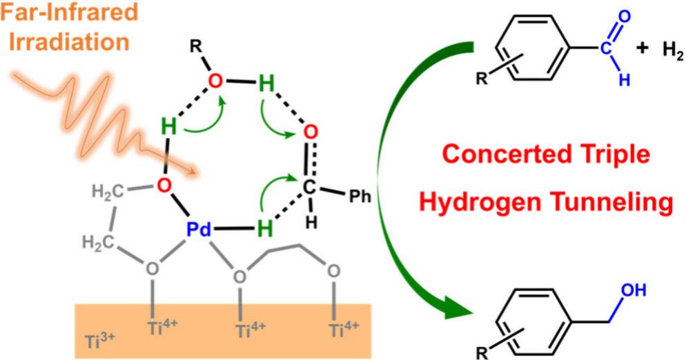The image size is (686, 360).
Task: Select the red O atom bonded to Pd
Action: point(163,185)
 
